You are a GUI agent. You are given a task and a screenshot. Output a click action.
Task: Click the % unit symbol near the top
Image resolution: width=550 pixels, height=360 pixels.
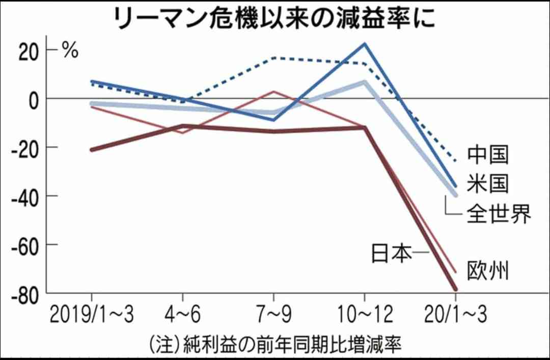pyautogui.click(x=70, y=51)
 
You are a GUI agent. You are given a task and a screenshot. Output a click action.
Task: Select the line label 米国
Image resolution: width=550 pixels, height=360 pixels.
pyautogui.click(x=488, y=184)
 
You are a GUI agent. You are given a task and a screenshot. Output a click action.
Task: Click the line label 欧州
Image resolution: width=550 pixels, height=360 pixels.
pyautogui.click(x=488, y=270)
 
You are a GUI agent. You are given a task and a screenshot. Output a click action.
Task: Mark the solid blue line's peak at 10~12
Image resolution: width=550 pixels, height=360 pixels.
pyautogui.click(x=365, y=44)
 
